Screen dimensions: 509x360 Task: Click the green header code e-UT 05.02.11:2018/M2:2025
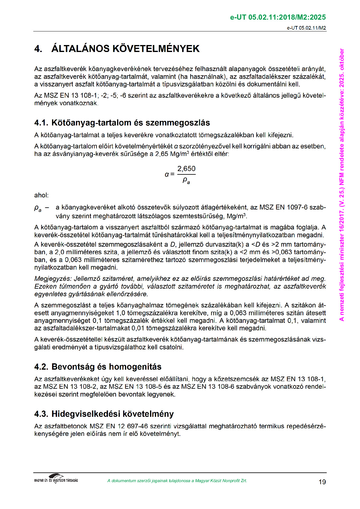(278, 17)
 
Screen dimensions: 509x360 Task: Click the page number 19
(322, 482)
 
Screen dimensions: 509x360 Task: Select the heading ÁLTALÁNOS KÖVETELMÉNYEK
(125, 49)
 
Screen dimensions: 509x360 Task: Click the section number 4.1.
(41, 123)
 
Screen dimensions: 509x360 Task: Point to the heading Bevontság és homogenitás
(106, 367)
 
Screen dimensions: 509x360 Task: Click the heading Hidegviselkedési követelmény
(113, 414)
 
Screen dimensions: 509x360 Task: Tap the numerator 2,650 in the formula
(186, 169)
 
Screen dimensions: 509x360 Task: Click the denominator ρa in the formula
(186, 181)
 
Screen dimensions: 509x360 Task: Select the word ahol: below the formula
(41, 195)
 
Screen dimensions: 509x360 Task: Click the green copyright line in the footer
(177, 481)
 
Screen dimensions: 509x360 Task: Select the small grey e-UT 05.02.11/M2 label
(306, 28)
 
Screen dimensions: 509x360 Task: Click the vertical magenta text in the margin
(342, 184)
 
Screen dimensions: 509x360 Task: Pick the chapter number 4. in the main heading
(38, 49)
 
